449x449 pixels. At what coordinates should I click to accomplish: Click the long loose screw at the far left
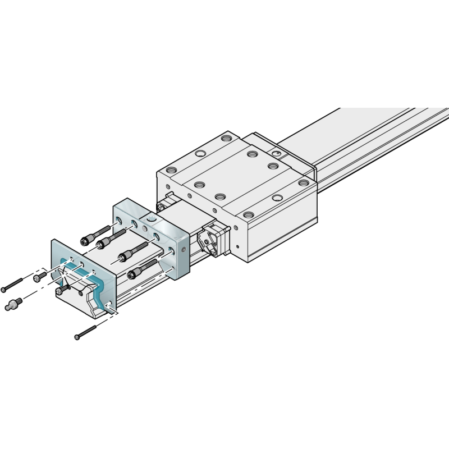tap(12, 285)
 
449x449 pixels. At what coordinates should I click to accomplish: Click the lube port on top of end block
tap(150, 218)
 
